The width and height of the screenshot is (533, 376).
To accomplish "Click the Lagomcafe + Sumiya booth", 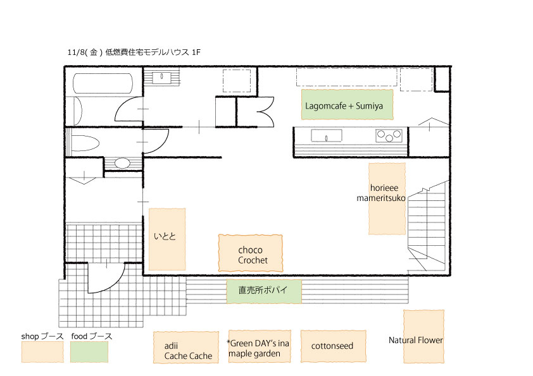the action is [x=347, y=104].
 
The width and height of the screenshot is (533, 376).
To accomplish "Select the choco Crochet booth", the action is [x=251, y=253].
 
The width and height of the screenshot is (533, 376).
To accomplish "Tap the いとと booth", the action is [x=167, y=240].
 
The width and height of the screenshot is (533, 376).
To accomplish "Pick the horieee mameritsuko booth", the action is [x=387, y=198].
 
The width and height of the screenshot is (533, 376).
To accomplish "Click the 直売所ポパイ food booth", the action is [x=264, y=291].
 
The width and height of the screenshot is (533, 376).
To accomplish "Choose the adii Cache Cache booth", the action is [x=186, y=348].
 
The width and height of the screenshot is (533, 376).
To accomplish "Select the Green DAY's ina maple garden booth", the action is [x=260, y=346].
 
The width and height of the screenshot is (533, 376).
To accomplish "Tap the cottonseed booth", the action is [x=334, y=346].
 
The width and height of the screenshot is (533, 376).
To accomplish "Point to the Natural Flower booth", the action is [x=423, y=336].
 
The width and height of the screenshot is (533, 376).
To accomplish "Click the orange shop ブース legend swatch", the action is [x=42, y=352].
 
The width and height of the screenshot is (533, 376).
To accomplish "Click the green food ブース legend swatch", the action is [x=89, y=352].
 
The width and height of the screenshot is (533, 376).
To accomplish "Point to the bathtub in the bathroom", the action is [x=103, y=83].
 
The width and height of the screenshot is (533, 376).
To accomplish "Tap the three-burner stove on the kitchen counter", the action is [x=389, y=136].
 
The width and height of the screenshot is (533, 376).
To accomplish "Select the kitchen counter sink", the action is [x=327, y=136].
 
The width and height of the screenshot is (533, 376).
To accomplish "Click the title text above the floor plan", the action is [x=134, y=52].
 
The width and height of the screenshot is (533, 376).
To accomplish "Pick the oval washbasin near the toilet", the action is [x=122, y=163].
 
